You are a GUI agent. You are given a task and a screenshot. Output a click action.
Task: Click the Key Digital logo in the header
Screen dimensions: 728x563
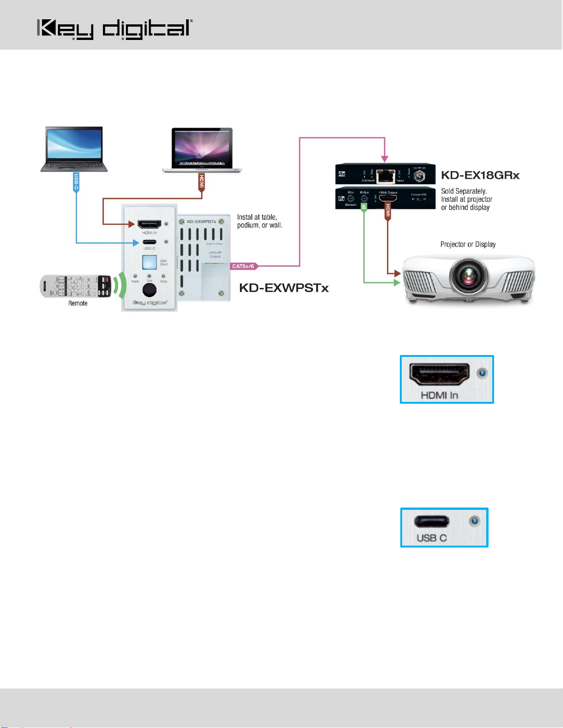(x=114, y=29)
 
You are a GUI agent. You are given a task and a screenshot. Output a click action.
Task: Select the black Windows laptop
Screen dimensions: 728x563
(x=74, y=149)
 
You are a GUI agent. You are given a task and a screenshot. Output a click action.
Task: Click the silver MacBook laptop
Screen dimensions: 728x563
(x=202, y=151)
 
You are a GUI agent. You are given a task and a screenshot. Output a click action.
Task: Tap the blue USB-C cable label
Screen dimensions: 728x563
(x=76, y=182)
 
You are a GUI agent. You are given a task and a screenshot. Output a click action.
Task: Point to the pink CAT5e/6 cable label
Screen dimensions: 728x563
(x=243, y=266)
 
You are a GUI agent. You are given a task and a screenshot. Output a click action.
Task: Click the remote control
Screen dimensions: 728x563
(x=76, y=286)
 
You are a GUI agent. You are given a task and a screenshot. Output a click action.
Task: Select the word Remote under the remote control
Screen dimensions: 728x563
(x=78, y=303)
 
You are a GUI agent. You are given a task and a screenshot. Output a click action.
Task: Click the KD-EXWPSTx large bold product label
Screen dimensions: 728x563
(x=284, y=288)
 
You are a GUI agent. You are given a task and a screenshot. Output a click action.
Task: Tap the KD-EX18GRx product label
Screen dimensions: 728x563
(x=480, y=175)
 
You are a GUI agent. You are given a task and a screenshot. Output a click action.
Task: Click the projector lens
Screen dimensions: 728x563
(x=468, y=277)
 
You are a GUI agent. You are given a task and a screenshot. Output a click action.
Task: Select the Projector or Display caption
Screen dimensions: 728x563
(x=468, y=244)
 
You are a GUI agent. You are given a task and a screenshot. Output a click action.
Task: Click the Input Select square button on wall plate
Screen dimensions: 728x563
(x=149, y=261)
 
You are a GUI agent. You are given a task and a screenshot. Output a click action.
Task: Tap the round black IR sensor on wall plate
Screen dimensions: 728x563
(x=149, y=290)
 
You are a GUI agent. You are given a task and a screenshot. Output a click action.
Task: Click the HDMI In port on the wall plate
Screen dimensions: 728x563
(x=149, y=224)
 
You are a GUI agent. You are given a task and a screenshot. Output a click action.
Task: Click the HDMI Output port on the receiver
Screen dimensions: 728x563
(x=387, y=198)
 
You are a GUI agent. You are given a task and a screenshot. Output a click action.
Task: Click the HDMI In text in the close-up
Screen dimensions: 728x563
(x=439, y=395)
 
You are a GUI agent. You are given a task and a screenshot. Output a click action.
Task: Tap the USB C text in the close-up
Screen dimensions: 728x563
(x=432, y=538)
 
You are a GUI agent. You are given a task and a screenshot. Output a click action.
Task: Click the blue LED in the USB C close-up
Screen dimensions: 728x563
(x=474, y=521)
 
